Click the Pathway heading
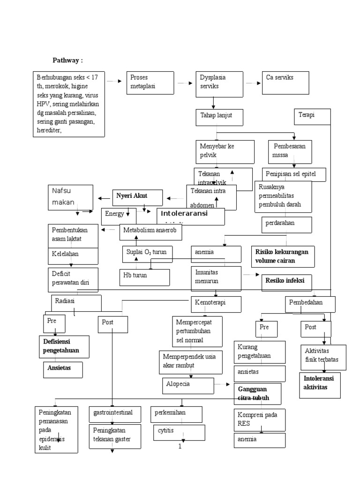[x=67, y=60]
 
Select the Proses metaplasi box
[x=150, y=83]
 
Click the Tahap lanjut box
[x=219, y=117]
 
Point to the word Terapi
[x=307, y=115]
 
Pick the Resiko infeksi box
[x=286, y=282]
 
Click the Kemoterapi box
[x=216, y=304]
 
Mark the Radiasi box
[x=75, y=302]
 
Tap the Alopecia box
[x=187, y=385]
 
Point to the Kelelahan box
[x=73, y=255]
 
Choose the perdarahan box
[x=286, y=225]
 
